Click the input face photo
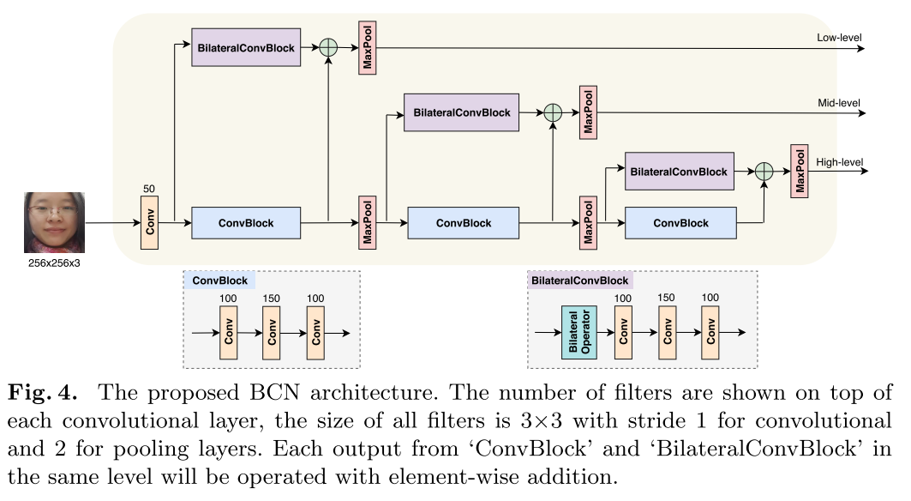click(x=54, y=221)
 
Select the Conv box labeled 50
click(x=149, y=223)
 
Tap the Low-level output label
click(x=840, y=38)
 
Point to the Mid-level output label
click(x=839, y=103)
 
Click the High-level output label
click(x=839, y=162)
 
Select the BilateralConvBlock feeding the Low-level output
click(x=246, y=48)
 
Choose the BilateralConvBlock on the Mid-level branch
click(x=461, y=112)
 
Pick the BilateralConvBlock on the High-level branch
click(x=679, y=172)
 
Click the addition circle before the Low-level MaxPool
click(x=328, y=48)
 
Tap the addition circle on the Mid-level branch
click(x=553, y=112)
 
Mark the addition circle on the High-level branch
click(x=764, y=172)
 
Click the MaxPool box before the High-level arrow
click(x=800, y=172)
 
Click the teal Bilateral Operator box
click(x=578, y=333)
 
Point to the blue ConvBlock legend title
click(x=219, y=281)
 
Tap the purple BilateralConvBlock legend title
click(x=579, y=281)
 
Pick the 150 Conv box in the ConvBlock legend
click(x=273, y=333)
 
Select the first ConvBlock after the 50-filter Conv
click(x=246, y=223)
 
